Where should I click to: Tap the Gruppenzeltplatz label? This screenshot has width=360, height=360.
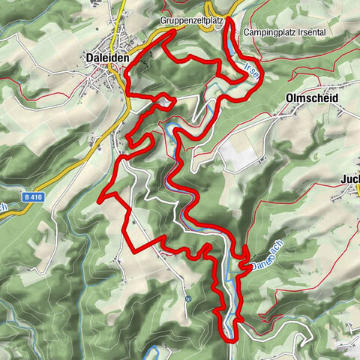pyautogui.click(x=193, y=22)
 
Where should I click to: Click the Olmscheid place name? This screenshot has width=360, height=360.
pyautogui.click(x=312, y=98)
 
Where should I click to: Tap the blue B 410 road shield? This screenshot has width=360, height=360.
pyautogui.click(x=31, y=197)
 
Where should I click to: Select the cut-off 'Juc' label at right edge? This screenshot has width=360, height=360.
pyautogui.click(x=350, y=179)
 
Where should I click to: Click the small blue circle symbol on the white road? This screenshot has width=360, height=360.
pyautogui.click(x=188, y=298)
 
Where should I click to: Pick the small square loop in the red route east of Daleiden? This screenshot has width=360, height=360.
pyautogui.click(x=167, y=100)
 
